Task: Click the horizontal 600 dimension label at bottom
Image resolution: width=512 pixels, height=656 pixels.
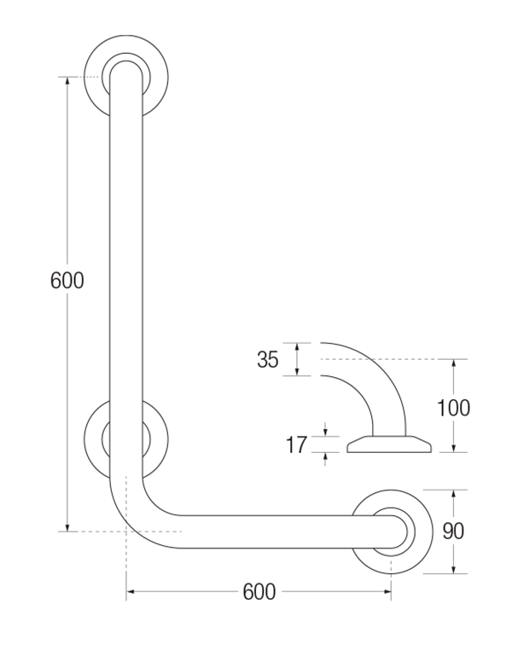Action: point(259,591)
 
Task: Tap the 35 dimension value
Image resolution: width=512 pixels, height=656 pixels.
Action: point(268,360)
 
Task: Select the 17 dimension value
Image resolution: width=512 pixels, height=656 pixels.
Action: point(296,444)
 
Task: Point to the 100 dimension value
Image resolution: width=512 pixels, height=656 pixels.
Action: point(453,407)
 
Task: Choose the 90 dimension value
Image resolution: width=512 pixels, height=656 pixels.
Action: point(453,531)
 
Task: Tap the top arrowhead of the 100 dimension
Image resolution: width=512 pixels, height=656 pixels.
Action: point(453,363)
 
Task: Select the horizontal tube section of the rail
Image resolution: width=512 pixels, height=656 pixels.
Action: point(265,531)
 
